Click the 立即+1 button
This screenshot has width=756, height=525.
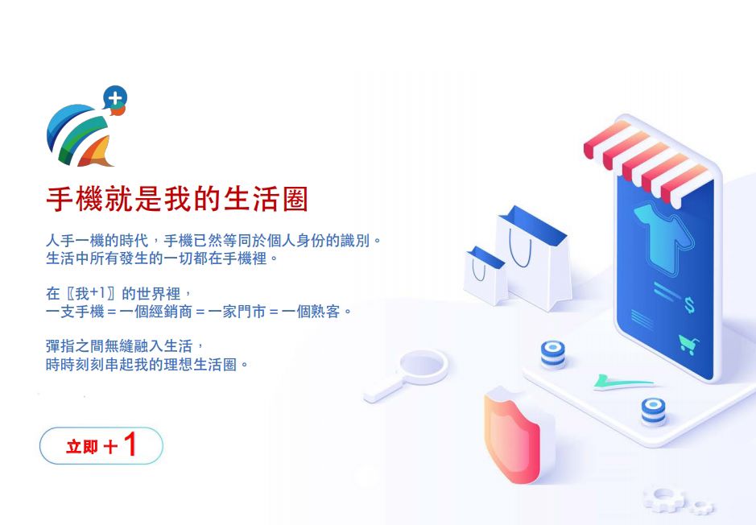[101, 446]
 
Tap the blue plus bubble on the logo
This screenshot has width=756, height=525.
[115, 98]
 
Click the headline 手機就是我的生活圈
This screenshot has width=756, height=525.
[177, 199]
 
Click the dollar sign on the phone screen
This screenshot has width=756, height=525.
[690, 305]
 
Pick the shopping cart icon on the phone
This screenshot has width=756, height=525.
[689, 344]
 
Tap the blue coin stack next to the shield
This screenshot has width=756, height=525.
[553, 354]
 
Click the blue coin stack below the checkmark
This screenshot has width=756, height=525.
[653, 411]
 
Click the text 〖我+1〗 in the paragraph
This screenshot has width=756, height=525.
[92, 293]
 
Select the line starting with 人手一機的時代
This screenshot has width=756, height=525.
[213, 240]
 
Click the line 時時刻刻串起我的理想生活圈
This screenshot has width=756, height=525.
[147, 364]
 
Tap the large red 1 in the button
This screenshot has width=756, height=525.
[130, 444]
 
